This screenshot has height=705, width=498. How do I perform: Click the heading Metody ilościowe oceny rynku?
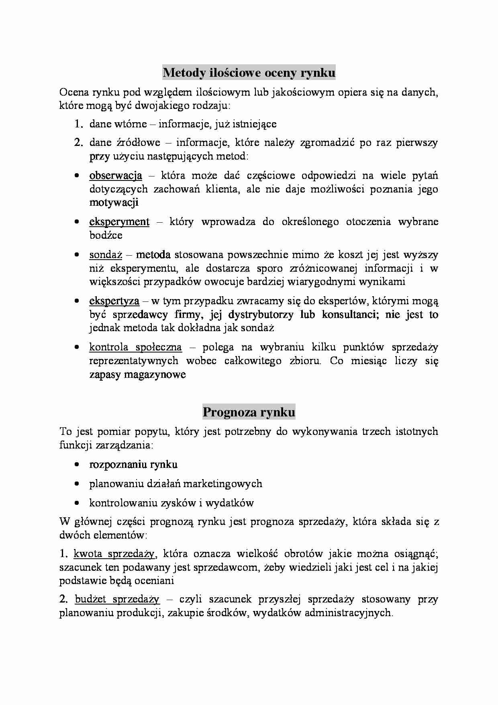tap(249, 73)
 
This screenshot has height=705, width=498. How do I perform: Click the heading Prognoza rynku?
tap(249, 412)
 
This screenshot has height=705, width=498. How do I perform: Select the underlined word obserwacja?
tap(115, 176)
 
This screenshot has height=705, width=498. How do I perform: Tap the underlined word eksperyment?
tap(119, 222)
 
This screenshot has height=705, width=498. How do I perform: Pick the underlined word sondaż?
tap(105, 255)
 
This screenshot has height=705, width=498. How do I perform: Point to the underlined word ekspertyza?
tap(114, 301)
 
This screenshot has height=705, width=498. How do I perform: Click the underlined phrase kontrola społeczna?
tap(135, 347)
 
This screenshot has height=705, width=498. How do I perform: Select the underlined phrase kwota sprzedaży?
tap(114, 554)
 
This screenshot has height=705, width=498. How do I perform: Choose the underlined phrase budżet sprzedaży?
tap(117, 599)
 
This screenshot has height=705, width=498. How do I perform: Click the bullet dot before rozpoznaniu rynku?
tap(76, 465)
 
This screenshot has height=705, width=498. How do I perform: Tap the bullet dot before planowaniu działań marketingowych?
tap(76, 484)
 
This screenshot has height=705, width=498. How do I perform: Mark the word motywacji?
tap(114, 202)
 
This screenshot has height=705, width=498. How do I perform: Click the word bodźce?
tap(106, 235)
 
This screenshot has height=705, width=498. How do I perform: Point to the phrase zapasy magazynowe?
tap(137, 375)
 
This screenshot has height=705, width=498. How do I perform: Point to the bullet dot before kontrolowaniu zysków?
tap(76, 503)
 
